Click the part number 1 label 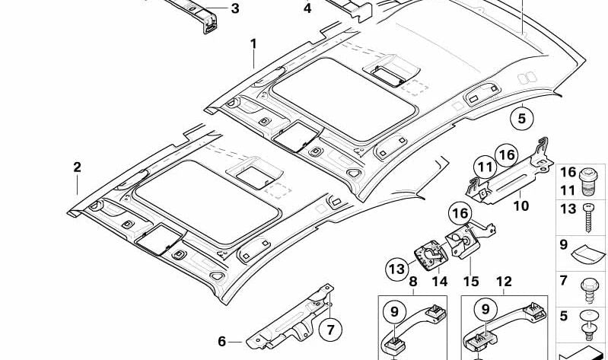[x=253, y=45]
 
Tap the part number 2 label [x=77, y=167]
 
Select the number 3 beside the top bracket [x=234, y=9]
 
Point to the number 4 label [x=307, y=9]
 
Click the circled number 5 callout [x=522, y=119]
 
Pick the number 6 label [x=221, y=341]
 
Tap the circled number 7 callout [x=329, y=331]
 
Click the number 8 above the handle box [x=412, y=282]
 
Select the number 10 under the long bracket [x=520, y=205]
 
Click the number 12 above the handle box [x=504, y=282]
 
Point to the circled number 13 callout [x=396, y=269]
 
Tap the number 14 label [x=439, y=282]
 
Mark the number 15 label [x=471, y=282]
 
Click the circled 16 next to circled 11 [x=506, y=155]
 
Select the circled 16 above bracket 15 [x=460, y=214]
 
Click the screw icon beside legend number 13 [x=588, y=217]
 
